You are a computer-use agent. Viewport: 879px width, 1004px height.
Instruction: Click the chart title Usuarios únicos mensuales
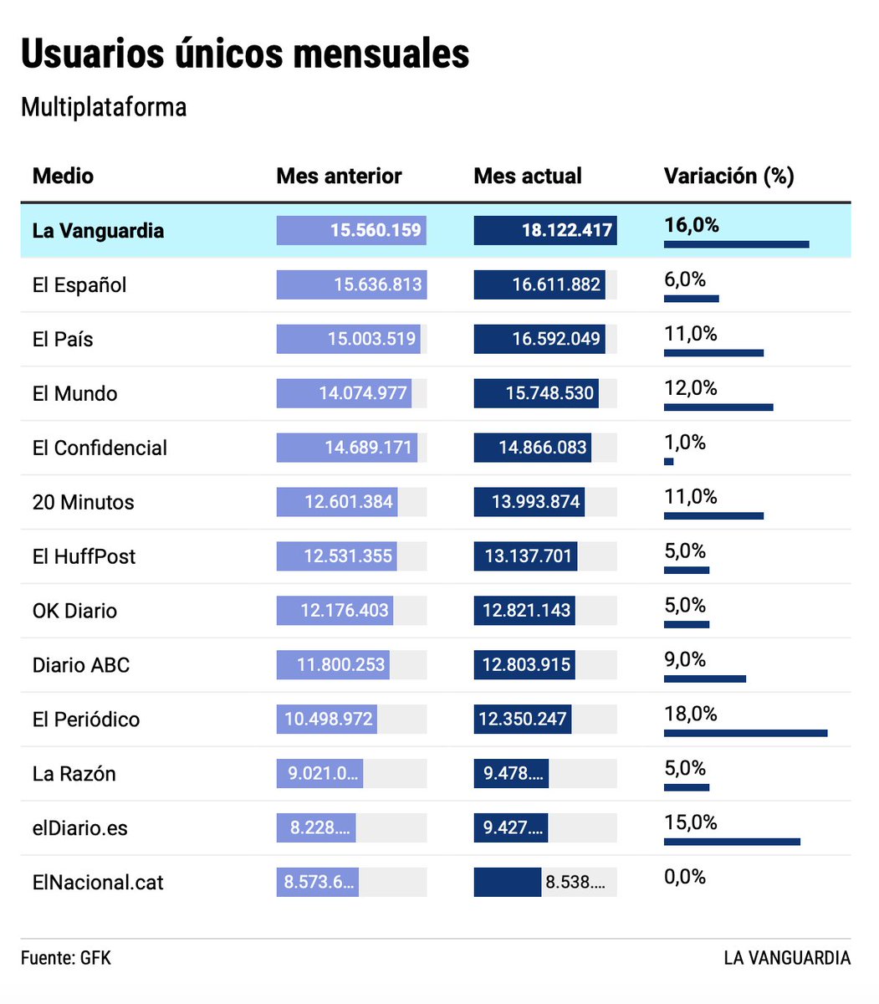tap(245, 54)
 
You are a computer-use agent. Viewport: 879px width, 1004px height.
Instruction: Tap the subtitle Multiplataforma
tap(104, 107)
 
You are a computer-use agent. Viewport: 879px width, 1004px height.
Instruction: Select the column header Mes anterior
tap(339, 176)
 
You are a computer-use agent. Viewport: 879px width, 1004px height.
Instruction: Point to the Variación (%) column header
tap(728, 176)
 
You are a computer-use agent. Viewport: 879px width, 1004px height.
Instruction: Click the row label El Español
tap(79, 284)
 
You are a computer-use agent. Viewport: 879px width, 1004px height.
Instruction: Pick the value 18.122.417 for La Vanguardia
tap(566, 230)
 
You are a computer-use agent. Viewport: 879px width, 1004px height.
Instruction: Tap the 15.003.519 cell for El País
tap(371, 339)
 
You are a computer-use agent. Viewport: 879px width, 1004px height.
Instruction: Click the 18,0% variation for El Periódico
tap(691, 714)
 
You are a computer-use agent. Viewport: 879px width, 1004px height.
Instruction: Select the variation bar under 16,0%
tap(736, 244)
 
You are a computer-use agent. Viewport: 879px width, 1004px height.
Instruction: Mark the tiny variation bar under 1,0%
tap(669, 461)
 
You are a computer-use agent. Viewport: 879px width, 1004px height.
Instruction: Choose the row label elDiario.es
tap(80, 828)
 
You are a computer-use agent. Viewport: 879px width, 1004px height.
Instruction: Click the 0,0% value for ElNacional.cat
tap(685, 877)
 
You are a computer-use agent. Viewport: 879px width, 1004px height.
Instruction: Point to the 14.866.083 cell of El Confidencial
tap(542, 448)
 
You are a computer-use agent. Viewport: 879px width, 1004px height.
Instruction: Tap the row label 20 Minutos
tap(84, 502)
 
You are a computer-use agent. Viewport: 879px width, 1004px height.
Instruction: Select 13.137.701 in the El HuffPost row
tap(528, 556)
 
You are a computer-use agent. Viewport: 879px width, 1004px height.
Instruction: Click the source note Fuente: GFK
tap(66, 958)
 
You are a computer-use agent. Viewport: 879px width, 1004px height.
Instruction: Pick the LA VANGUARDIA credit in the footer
tap(787, 958)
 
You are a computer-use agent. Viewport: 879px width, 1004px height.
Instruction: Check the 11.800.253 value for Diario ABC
tap(341, 665)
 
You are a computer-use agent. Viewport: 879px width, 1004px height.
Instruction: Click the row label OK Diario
tap(74, 611)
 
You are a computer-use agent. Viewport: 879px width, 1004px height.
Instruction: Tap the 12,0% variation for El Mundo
tap(691, 387)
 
